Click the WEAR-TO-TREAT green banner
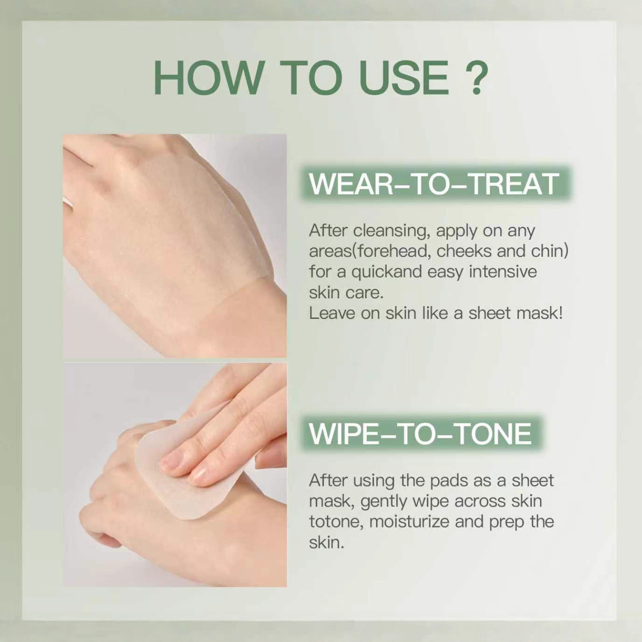434,183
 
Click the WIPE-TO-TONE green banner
420,433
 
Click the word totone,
336,522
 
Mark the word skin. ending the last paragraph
326,542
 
